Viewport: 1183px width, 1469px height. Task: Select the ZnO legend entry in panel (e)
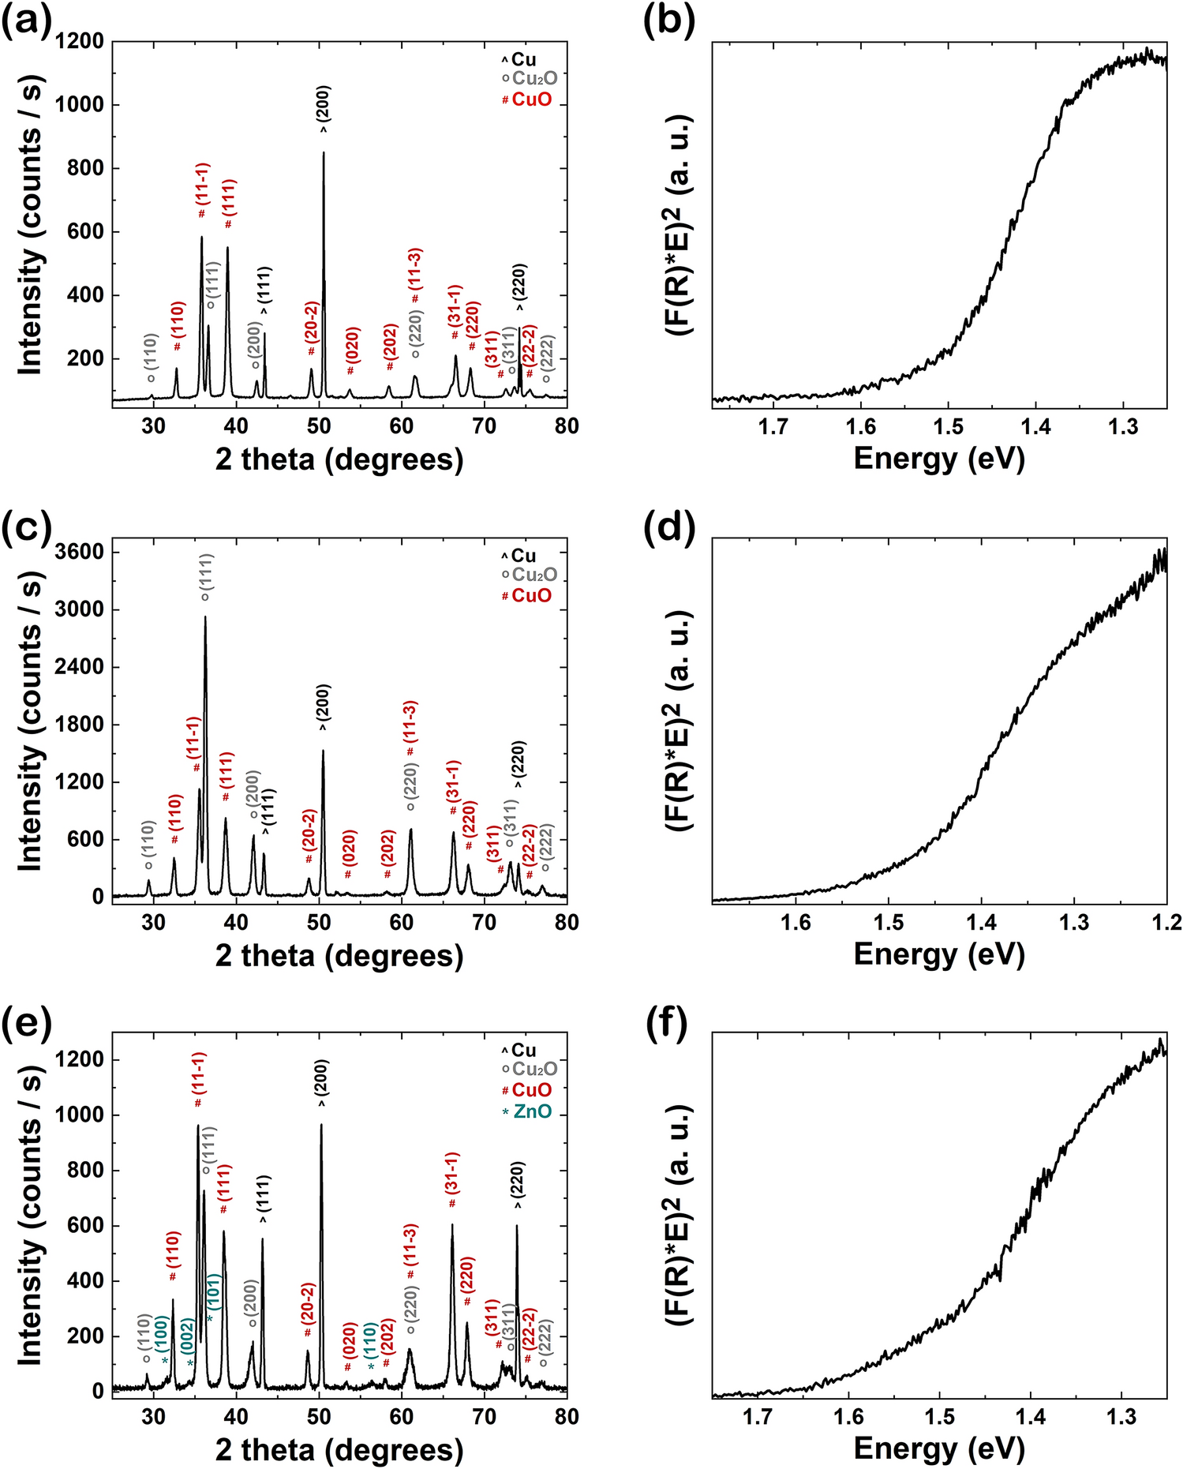click(532, 1113)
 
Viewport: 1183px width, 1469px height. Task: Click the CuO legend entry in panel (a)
click(531, 100)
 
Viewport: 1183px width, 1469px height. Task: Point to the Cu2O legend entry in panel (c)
click(534, 575)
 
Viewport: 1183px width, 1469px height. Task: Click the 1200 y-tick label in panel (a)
click(81, 41)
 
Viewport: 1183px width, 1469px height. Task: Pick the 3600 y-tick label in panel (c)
click(81, 552)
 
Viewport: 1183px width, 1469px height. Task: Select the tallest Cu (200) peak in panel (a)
click(324, 154)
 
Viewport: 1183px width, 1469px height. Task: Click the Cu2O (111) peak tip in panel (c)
click(205, 618)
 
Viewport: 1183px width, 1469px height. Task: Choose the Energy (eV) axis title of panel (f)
click(938, 1449)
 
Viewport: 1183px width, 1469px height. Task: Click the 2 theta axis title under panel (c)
click(339, 955)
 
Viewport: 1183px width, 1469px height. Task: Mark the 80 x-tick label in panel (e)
click(566, 1417)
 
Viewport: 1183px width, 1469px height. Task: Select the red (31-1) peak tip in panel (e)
click(452, 1226)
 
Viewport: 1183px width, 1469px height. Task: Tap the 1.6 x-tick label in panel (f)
click(848, 1417)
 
